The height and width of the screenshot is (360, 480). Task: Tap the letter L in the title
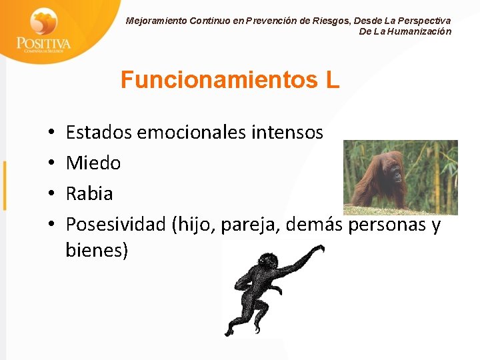[333, 80]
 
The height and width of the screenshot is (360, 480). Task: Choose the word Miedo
[93, 163]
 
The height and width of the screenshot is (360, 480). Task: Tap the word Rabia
[89, 194]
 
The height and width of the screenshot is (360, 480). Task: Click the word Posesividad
[116, 225]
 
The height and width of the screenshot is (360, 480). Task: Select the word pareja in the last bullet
[252, 225]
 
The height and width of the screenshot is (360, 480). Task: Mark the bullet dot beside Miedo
[51, 163]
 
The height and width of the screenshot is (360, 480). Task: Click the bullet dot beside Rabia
[51, 195]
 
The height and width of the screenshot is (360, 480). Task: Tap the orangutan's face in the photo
[395, 174]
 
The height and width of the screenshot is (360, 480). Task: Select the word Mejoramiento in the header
[156, 21]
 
